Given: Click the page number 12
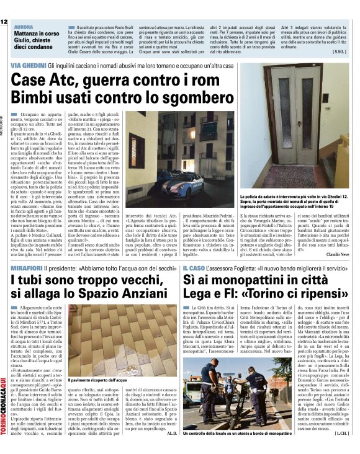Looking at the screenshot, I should [x=4, y=22].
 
